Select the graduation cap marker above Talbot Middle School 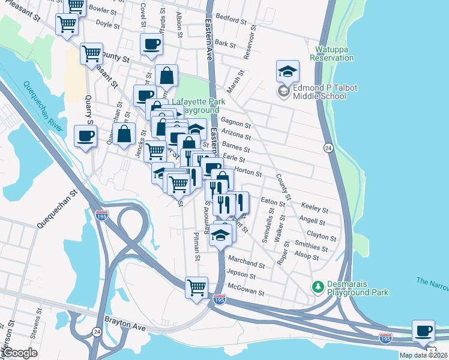coord(288,71)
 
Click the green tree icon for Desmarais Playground coord(318,287)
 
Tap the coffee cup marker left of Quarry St coord(85,136)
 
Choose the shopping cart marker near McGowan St coord(196,287)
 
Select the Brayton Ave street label coord(125,322)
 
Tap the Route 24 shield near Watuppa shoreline coord(328,148)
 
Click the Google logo coord(20,353)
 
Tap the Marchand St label coord(246,264)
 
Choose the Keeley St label coord(315,209)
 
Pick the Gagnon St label coord(235,122)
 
